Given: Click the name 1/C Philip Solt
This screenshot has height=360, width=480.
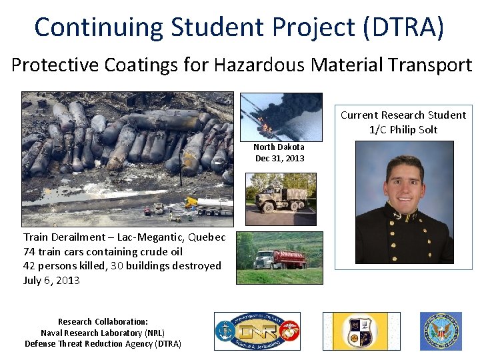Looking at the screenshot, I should tap(403, 129).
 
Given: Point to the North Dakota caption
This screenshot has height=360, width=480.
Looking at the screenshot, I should tap(279, 147).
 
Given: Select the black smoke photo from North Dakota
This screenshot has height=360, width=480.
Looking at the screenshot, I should tap(280, 117).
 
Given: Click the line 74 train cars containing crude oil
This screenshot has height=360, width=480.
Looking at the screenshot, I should tap(103, 251).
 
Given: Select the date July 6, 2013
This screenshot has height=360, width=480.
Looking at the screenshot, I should tap(51, 280).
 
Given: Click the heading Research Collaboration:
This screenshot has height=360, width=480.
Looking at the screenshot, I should tap(103, 321).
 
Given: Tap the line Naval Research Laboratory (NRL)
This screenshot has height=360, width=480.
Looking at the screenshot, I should tap(103, 333).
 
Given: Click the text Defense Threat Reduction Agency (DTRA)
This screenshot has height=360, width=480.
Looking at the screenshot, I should tap(103, 344).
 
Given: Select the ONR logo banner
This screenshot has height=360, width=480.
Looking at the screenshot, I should tap(257, 331).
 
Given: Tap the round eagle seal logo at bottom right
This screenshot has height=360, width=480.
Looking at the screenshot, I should tap(440, 331).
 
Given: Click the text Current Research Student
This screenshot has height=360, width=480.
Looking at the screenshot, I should tap(403, 115).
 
